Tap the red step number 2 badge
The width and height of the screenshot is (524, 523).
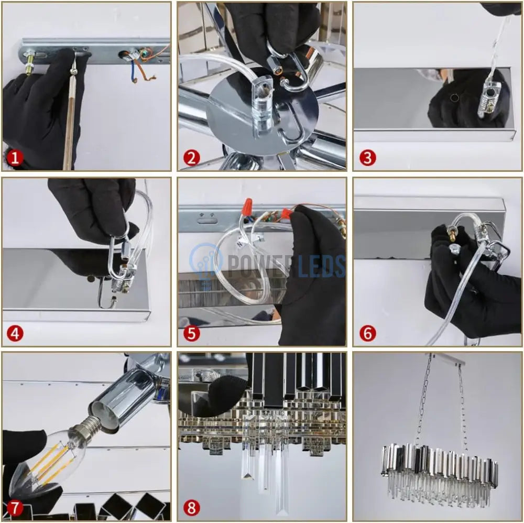pyautogui.click(x=191, y=158)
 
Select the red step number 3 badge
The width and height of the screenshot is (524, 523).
pyautogui.click(x=368, y=158)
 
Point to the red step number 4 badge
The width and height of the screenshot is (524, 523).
pyautogui.click(x=15, y=333)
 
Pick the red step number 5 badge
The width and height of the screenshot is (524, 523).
pyautogui.click(x=191, y=333)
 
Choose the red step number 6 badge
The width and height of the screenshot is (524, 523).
pyautogui.click(x=368, y=333)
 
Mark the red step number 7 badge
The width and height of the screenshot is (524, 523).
pyautogui.click(x=15, y=508)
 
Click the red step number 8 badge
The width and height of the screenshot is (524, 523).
pyautogui.click(x=191, y=508)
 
